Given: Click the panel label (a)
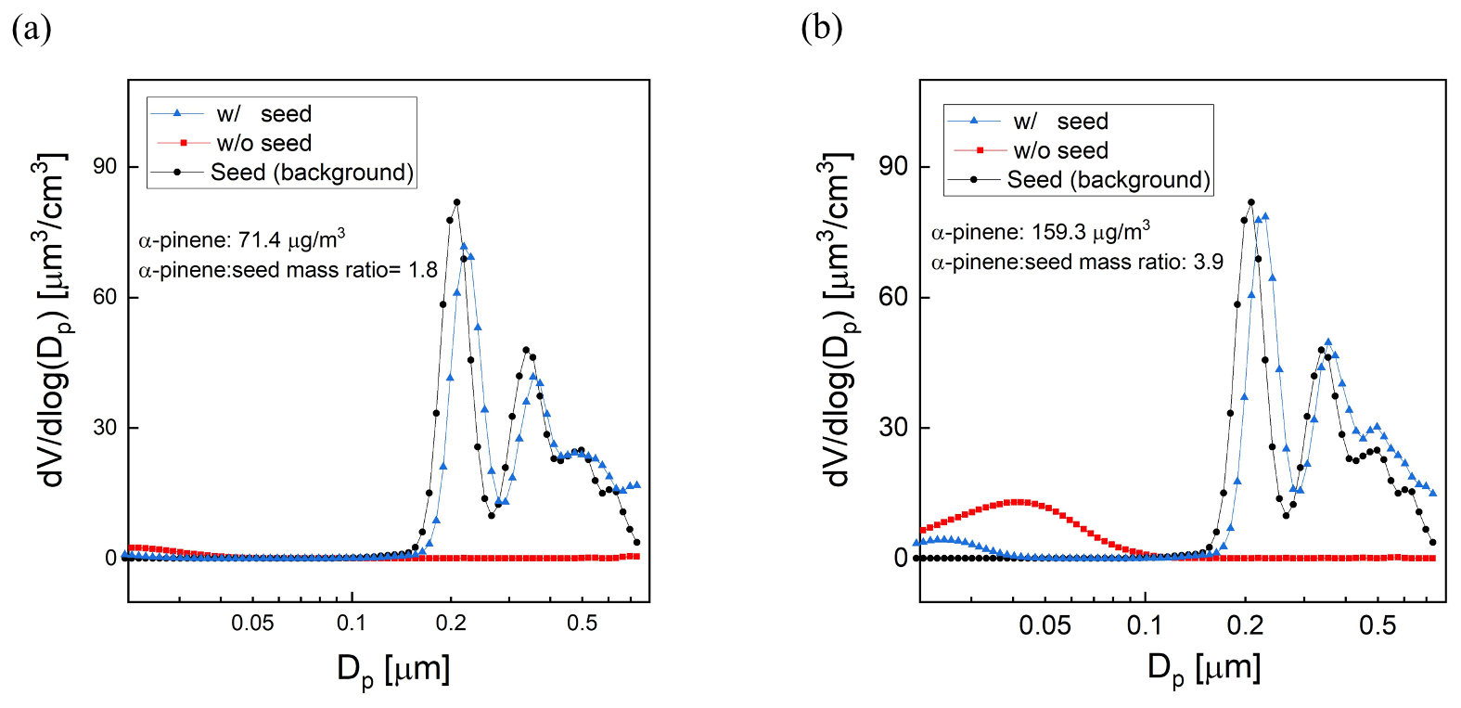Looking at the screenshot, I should [31, 28].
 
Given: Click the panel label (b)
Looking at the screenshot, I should [821, 28].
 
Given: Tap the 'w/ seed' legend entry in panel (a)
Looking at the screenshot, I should [263, 113].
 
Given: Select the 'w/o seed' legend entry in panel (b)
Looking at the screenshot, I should [1059, 150].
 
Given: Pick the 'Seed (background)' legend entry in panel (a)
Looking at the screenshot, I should [311, 173].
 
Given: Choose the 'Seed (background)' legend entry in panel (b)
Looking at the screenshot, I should [1108, 180].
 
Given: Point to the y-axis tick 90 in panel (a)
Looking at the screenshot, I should [105, 166].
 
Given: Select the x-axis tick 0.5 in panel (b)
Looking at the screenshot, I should [1377, 625].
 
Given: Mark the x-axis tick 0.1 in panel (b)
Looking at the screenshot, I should [1144, 625].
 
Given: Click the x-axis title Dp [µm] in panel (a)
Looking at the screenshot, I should [393, 669].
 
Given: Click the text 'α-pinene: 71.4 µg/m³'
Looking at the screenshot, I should [241, 240].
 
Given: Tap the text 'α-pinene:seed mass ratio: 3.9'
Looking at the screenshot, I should [1077, 263].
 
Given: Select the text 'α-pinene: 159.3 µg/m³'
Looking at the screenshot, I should [1040, 232].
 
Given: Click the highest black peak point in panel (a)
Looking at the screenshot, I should [456, 202].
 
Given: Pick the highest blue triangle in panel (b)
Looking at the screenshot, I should [1265, 216].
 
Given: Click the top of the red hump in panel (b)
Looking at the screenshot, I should [1019, 502].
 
